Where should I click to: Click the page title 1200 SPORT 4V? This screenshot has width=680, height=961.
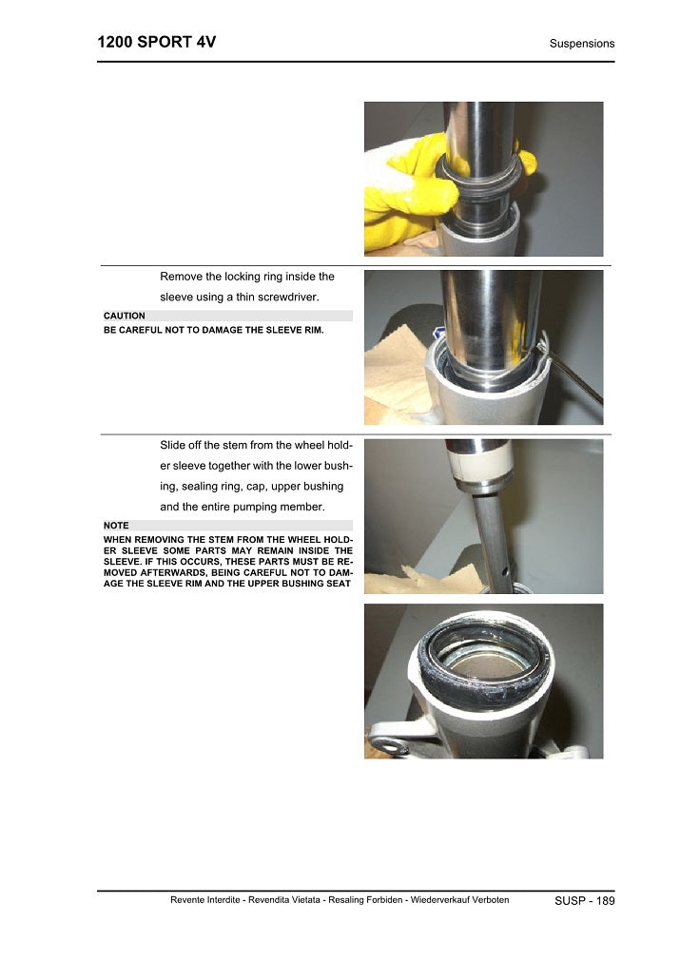(x=156, y=42)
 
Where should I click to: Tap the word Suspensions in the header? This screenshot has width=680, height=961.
(x=582, y=44)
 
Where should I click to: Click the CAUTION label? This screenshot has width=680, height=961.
(x=125, y=316)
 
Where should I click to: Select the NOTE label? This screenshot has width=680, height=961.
(x=116, y=526)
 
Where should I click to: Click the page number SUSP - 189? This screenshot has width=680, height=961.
(x=584, y=900)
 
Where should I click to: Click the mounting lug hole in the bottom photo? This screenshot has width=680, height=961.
(x=388, y=746)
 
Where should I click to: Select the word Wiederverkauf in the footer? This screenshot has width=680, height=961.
(x=439, y=900)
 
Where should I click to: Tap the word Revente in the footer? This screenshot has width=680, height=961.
(x=187, y=900)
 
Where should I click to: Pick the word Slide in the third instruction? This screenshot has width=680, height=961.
(x=172, y=445)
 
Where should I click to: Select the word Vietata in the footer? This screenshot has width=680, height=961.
(x=304, y=900)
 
